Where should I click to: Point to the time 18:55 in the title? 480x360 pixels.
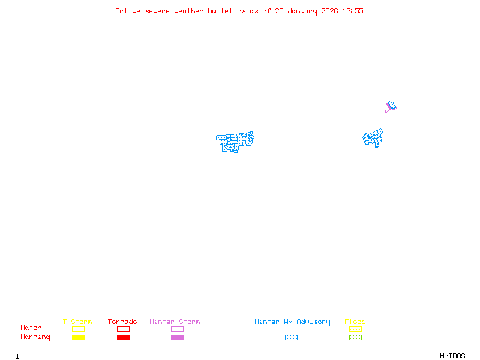[353, 11]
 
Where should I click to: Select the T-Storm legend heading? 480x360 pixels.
[77, 322]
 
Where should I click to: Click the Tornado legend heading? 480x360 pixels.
[122, 322]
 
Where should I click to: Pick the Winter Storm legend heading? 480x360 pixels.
[175, 322]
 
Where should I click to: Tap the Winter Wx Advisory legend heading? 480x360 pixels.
[292, 322]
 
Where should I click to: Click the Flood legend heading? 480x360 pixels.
[355, 322]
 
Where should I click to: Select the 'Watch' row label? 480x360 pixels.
[31, 328]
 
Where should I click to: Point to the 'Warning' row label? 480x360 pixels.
[35, 337]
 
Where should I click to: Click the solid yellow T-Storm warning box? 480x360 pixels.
[78, 338]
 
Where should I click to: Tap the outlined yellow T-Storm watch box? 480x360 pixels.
[78, 329]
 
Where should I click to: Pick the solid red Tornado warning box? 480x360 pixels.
[123, 338]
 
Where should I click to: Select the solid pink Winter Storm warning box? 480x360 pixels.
[177, 338]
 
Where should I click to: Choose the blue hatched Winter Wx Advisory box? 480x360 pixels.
[291, 338]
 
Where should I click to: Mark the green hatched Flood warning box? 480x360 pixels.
[355, 338]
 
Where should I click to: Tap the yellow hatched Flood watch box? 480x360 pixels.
[355, 329]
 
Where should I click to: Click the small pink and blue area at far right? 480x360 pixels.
[391, 107]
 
